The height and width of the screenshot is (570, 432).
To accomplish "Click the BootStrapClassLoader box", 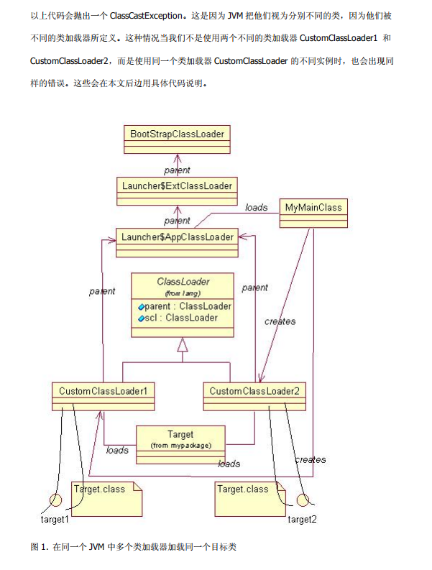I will (x=177, y=134).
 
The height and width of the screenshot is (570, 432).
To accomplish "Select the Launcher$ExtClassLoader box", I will (x=177, y=186).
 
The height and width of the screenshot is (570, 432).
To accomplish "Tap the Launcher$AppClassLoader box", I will (x=177, y=237).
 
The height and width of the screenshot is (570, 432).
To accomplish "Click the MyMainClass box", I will (x=313, y=208).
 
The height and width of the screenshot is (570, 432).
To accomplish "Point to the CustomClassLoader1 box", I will (x=104, y=391).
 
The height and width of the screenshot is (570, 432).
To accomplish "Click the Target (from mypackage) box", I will (x=180, y=439).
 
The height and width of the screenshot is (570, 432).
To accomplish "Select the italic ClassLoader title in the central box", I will (x=183, y=281).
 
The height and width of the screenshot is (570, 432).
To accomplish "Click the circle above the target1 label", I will (x=55, y=501).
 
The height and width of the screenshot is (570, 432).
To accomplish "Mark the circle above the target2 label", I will (x=303, y=500).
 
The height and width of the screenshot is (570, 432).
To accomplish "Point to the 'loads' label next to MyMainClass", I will (x=256, y=208).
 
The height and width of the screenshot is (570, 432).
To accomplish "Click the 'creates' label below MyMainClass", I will (x=280, y=321).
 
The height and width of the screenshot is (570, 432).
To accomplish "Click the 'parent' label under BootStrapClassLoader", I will (x=177, y=170).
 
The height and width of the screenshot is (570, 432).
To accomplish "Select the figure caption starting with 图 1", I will (x=134, y=547).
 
